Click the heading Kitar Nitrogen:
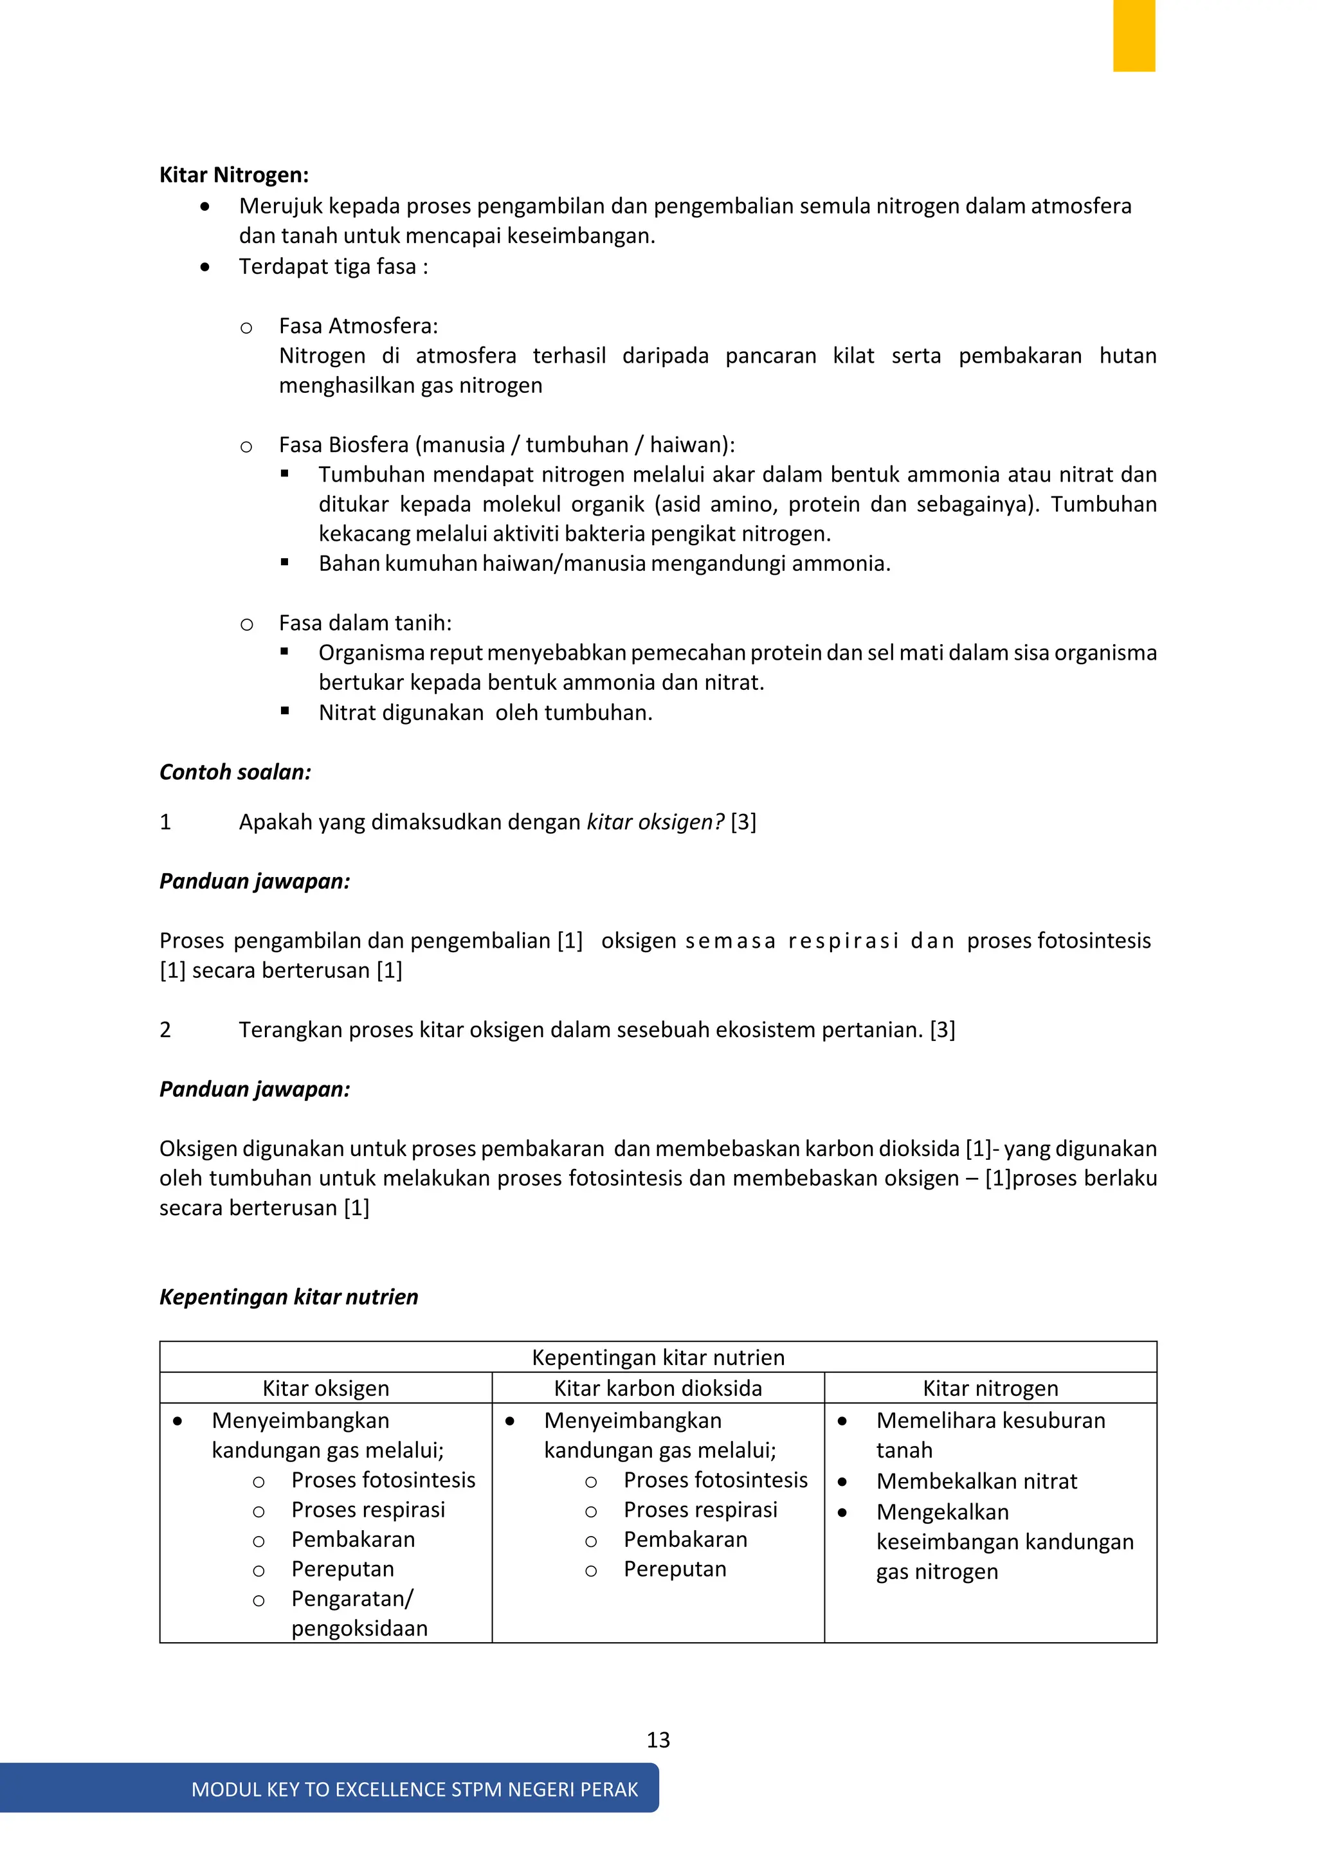click(233, 175)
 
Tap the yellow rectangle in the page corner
click(1133, 35)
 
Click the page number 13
click(658, 1740)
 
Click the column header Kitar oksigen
click(325, 1388)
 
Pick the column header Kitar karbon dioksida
click(658, 1388)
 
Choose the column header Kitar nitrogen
click(990, 1388)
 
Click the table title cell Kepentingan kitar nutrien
click(658, 1357)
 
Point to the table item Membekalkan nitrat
click(976, 1481)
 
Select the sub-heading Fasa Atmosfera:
click(358, 326)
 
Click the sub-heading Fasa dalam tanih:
click(365, 623)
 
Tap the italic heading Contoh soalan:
click(235, 772)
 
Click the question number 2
click(165, 1030)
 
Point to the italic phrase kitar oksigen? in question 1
click(655, 822)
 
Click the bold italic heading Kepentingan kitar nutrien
click(289, 1297)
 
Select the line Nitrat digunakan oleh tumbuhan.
click(485, 713)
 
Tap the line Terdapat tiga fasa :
click(333, 267)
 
